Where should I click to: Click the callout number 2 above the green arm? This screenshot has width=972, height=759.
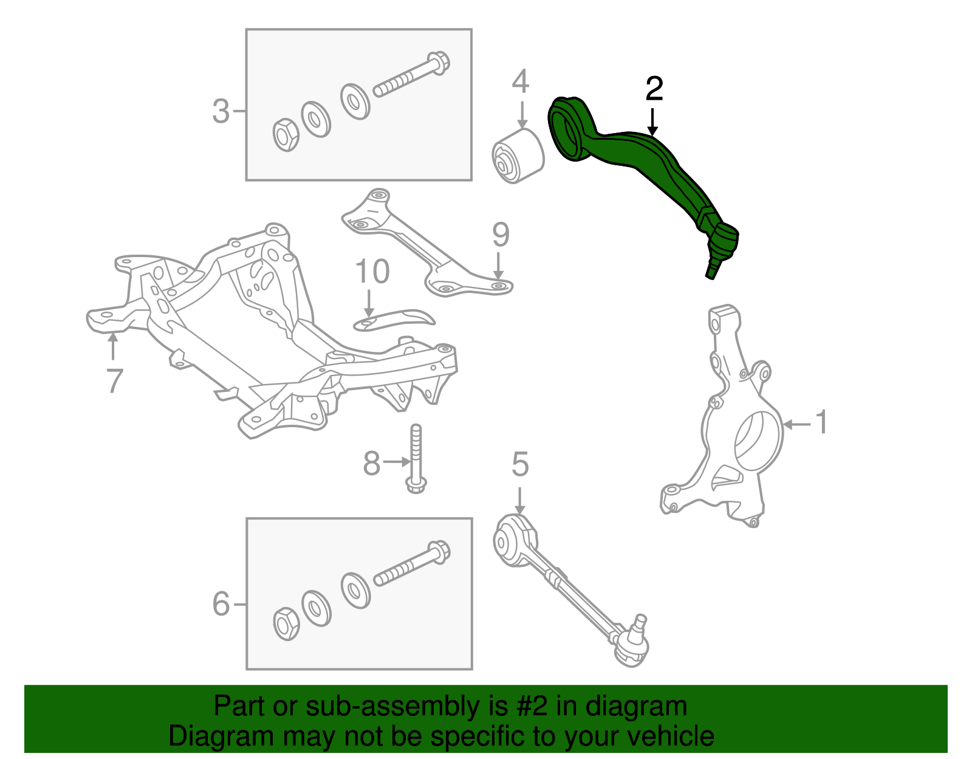point(654,89)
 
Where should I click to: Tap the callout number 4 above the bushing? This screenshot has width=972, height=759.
point(520,82)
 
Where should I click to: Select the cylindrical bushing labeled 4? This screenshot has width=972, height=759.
point(517,156)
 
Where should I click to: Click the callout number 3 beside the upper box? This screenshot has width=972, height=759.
point(221,112)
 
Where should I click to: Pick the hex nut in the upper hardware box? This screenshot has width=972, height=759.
point(285,135)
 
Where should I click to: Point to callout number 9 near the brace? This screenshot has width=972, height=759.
point(500,235)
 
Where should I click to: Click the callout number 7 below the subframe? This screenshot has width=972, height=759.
point(114,381)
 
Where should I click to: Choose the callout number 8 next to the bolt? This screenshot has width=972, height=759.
point(371,464)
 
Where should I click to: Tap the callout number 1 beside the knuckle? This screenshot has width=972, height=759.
point(821,422)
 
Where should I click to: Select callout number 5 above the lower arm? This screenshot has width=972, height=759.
point(520,465)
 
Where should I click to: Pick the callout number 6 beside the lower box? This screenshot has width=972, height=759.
point(221,605)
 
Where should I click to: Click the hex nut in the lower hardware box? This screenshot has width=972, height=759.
point(286,623)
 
